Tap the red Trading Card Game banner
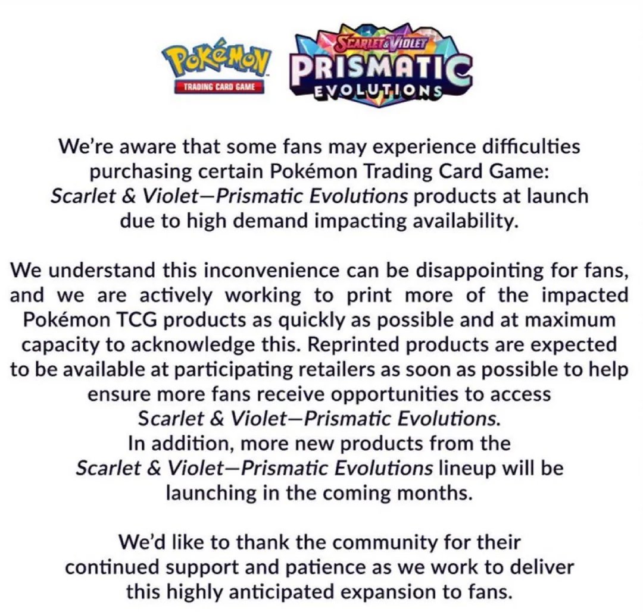point(219,87)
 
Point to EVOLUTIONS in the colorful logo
point(379,93)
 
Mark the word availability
point(455,221)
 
